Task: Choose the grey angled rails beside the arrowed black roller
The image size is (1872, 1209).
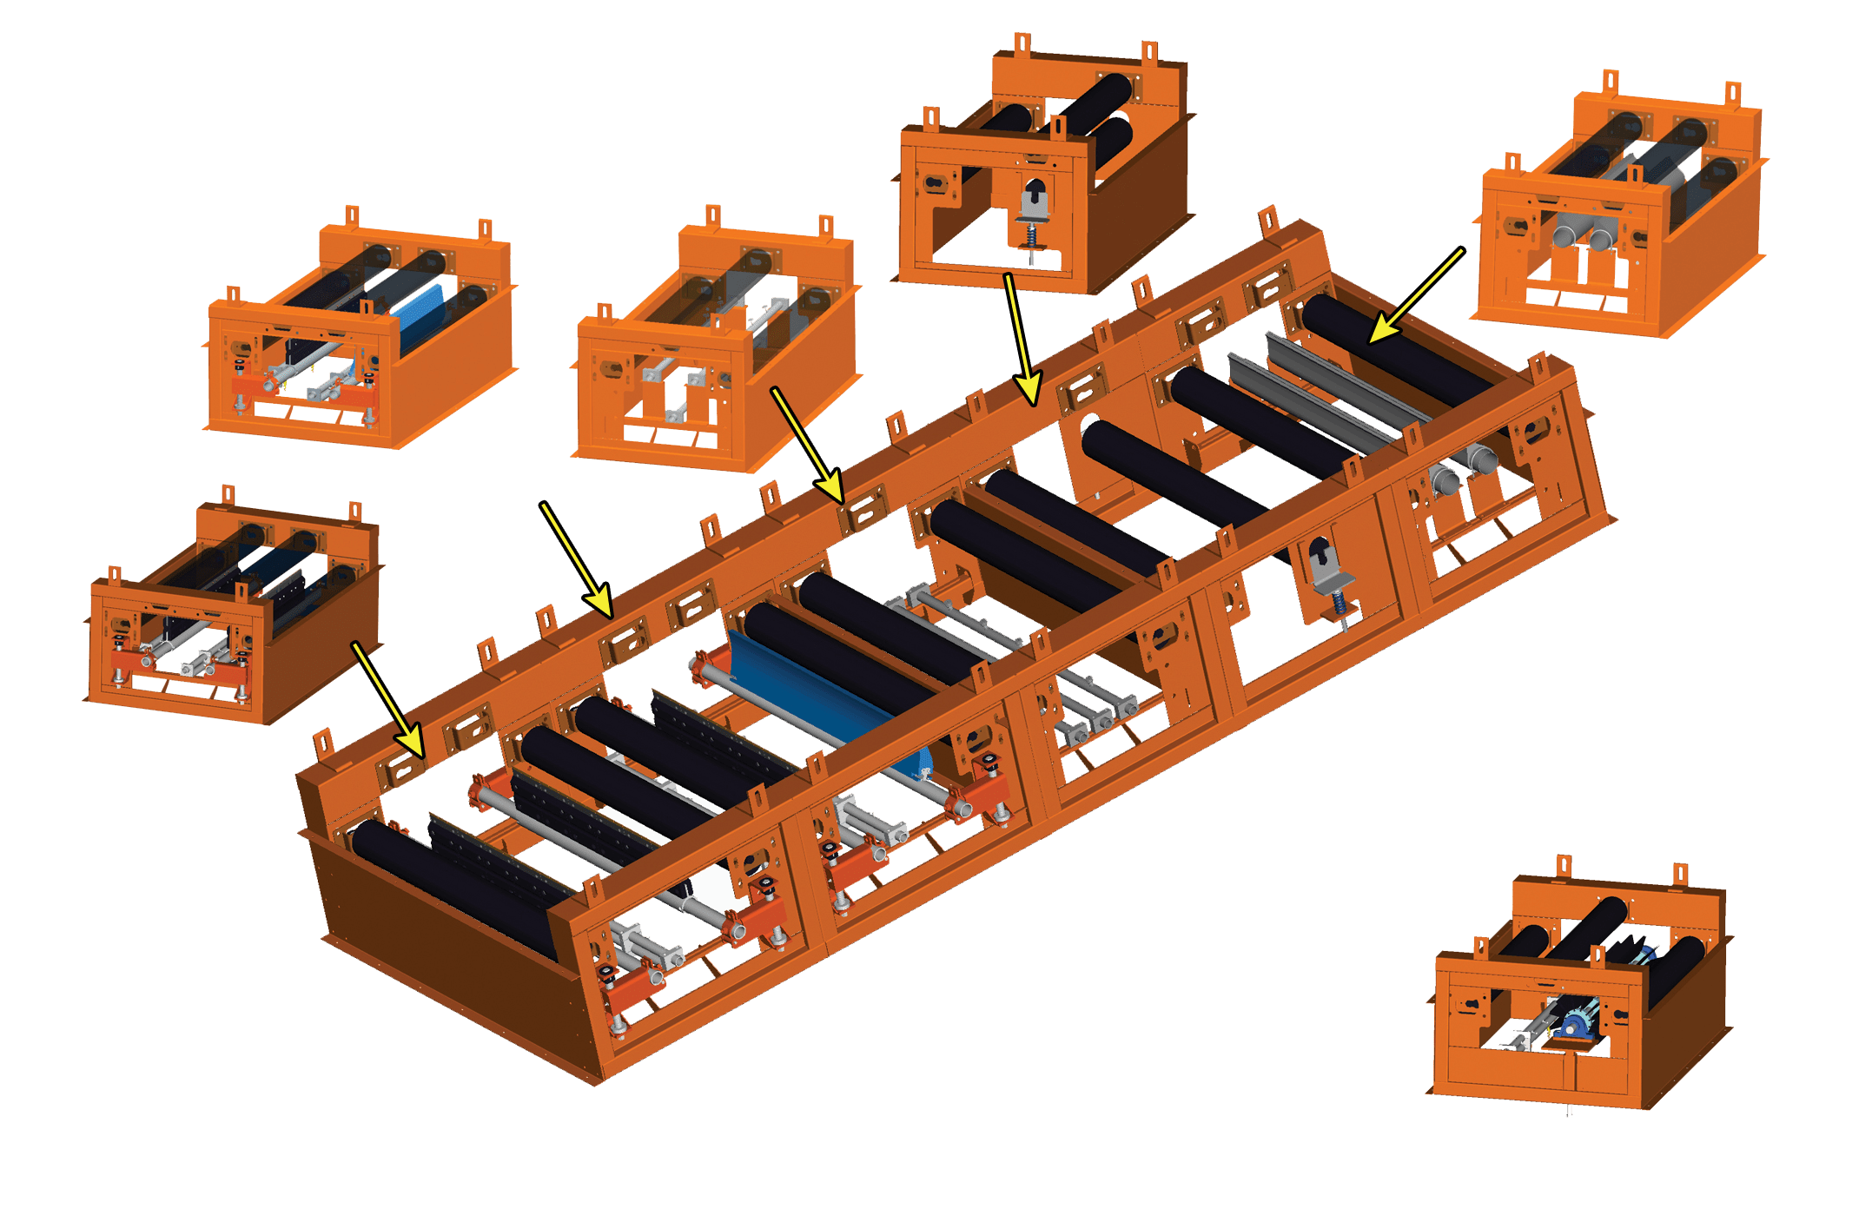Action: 1320,391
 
